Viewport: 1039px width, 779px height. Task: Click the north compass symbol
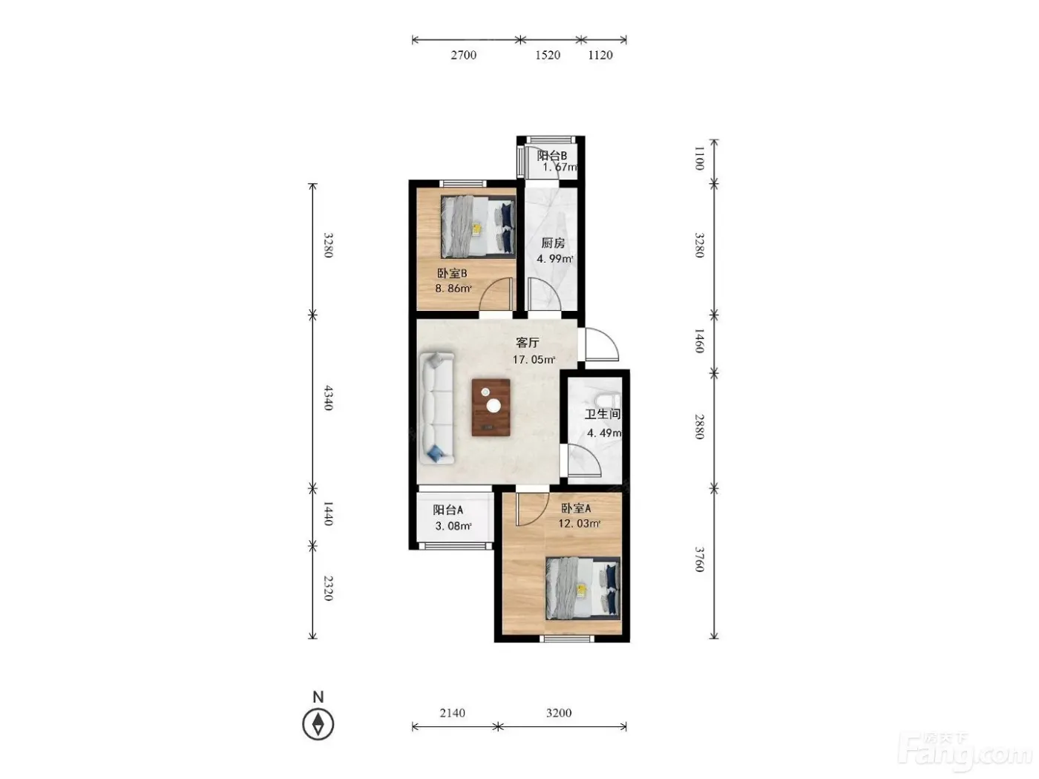tap(318, 723)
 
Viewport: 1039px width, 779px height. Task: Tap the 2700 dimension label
tap(463, 56)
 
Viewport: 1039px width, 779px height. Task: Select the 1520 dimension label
tap(548, 56)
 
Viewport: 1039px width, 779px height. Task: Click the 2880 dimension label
tap(700, 426)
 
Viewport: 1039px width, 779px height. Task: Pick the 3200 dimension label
tap(559, 712)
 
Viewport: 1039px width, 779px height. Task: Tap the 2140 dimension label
tap(452, 712)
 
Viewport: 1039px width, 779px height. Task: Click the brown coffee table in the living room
tap(491, 407)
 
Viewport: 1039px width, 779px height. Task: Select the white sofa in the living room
tap(436, 408)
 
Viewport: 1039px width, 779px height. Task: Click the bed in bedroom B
tap(478, 227)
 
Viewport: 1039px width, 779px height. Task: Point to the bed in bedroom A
tap(583, 588)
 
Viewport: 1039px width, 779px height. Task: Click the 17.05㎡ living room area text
tap(534, 360)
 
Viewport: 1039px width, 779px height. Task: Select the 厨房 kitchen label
tap(553, 243)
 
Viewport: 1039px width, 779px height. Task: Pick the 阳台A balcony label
tap(448, 510)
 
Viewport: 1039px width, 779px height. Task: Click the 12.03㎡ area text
tap(580, 524)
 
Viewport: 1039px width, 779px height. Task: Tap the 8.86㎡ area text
tap(453, 288)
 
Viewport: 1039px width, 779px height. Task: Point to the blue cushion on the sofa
tap(435, 454)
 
